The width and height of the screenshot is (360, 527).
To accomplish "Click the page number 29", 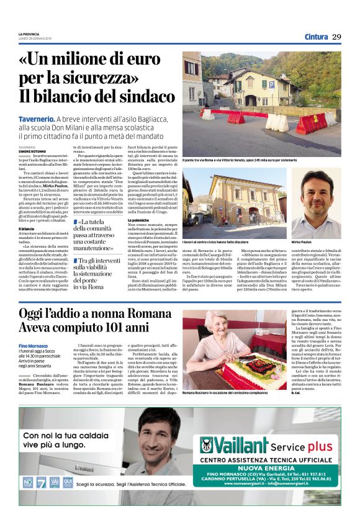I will pyautogui.click(x=336, y=37).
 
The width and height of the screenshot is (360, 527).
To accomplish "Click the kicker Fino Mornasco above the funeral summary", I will pyautogui.click(x=34, y=345).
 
